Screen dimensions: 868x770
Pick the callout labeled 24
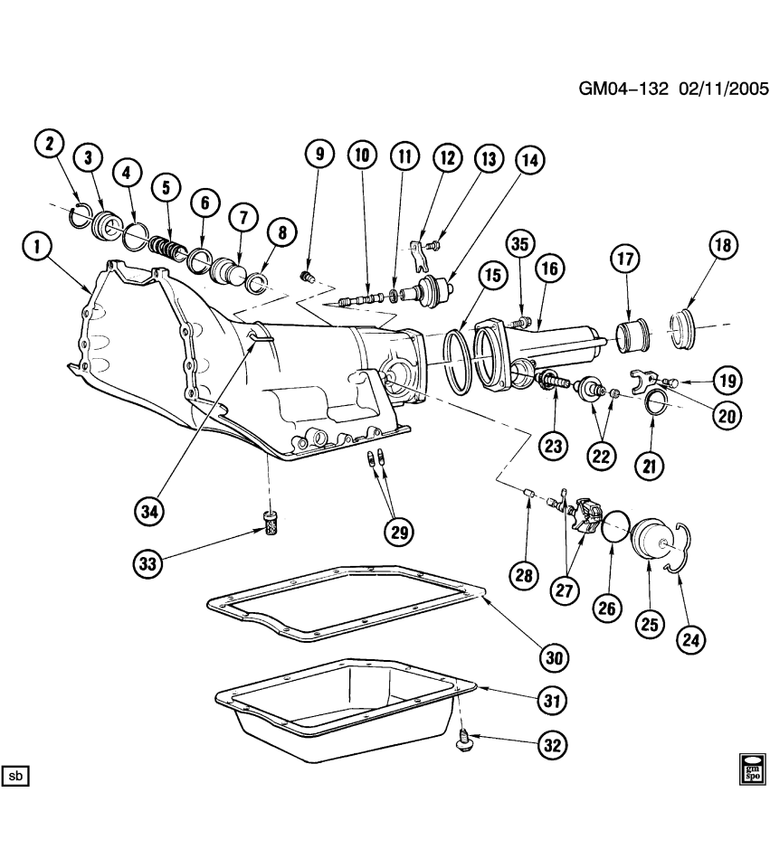692,639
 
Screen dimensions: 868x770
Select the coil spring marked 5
166,247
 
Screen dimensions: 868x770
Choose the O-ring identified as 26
615,525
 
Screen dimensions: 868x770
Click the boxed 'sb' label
17,776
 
